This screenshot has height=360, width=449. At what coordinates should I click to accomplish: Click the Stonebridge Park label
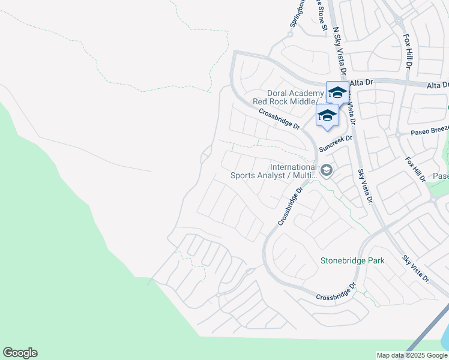click(x=352, y=260)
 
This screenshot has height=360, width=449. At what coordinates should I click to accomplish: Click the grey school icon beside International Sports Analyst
click(x=326, y=171)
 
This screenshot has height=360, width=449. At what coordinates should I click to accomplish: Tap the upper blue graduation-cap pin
click(x=337, y=93)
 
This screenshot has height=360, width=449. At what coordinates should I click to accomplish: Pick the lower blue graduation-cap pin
click(x=327, y=115)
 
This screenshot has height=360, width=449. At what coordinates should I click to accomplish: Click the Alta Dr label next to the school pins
click(x=361, y=82)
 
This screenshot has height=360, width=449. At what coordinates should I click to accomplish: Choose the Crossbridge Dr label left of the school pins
click(x=279, y=118)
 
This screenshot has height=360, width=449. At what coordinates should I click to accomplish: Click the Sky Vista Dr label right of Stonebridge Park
click(x=416, y=269)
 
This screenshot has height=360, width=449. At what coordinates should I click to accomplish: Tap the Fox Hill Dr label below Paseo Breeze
click(x=415, y=169)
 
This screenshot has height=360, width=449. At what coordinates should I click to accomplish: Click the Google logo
click(x=20, y=353)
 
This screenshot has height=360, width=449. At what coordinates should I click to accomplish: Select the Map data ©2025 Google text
click(x=412, y=355)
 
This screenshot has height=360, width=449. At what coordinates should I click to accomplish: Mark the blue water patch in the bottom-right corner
click(x=445, y=339)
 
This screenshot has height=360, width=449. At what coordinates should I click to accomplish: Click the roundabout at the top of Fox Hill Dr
click(x=399, y=21)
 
